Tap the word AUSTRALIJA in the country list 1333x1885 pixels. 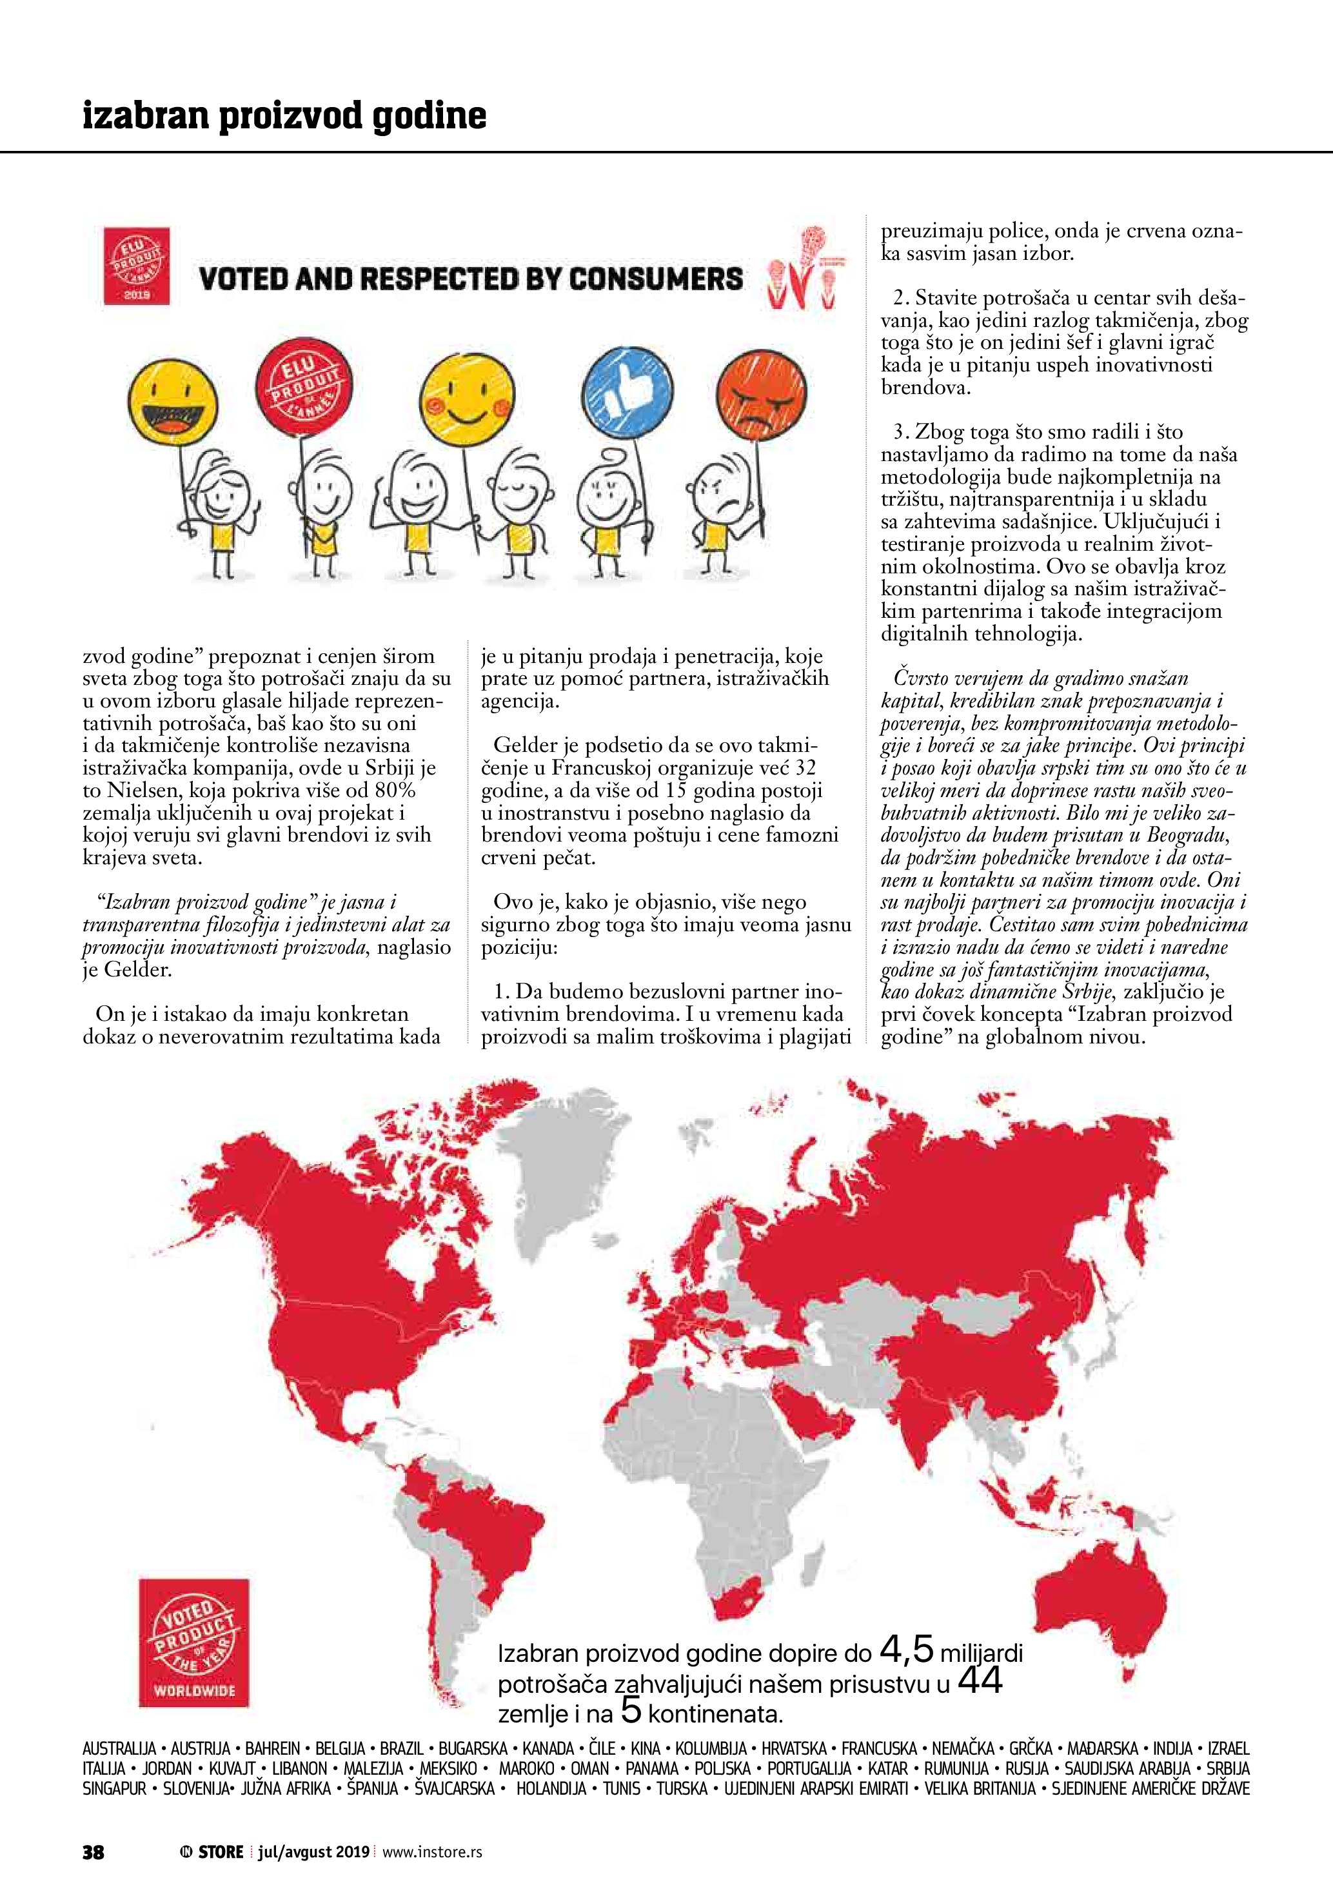[119, 1750]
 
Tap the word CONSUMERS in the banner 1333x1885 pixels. [656, 279]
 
